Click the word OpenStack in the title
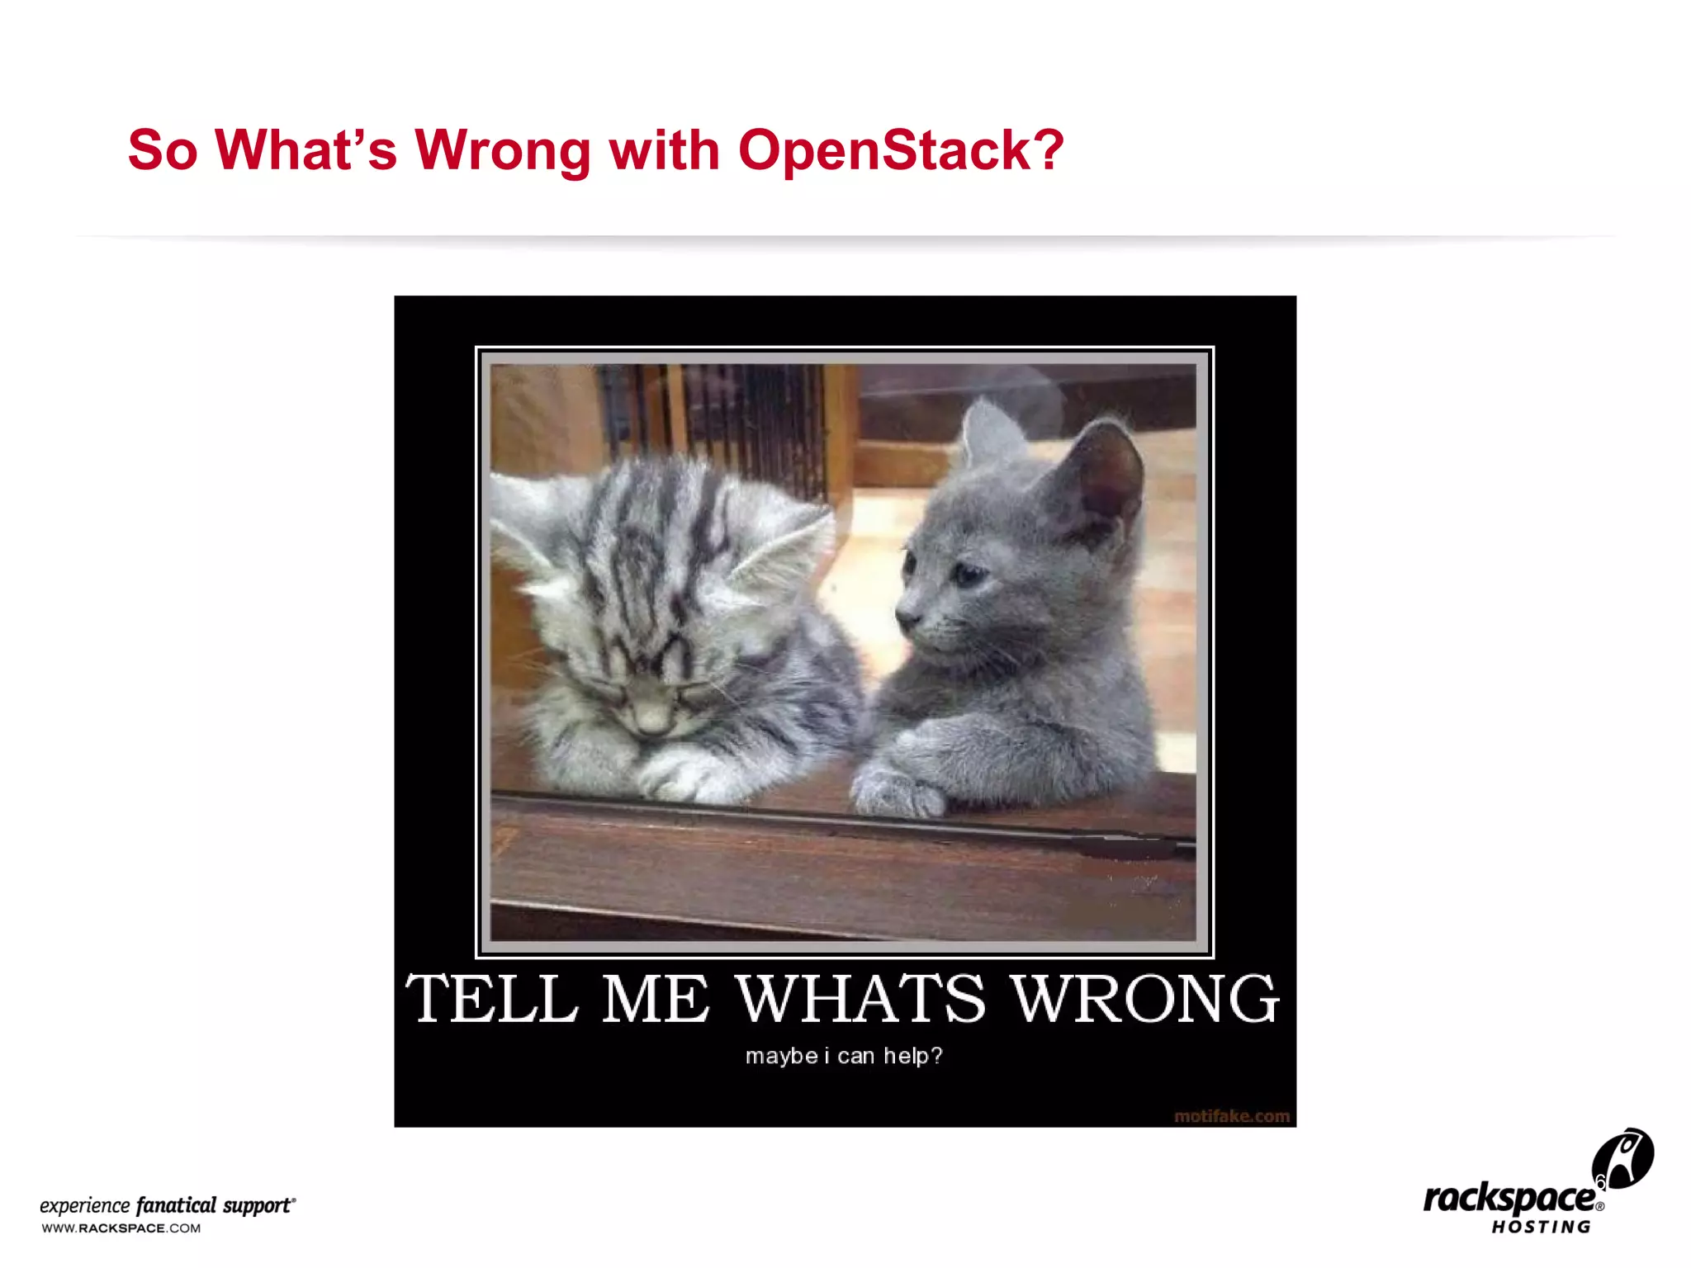coord(900,150)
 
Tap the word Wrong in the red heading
coord(502,150)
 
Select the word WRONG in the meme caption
coord(1144,999)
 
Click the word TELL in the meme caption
coord(492,999)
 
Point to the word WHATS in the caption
coord(860,999)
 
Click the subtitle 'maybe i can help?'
coord(844,1056)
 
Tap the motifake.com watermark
coord(1231,1116)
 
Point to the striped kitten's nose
coord(651,722)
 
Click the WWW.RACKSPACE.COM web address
coord(121,1228)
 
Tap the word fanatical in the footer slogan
coord(176,1205)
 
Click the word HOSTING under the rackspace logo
coord(1541,1228)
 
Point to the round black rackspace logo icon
coord(1623,1159)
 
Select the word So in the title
coord(163,150)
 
